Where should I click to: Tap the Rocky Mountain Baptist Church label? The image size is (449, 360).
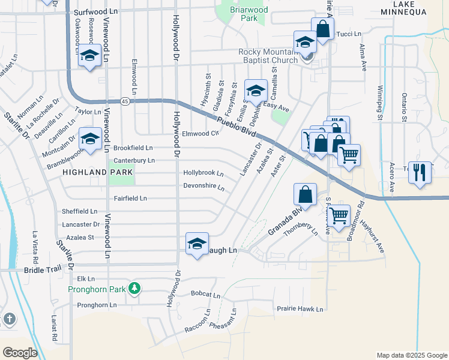click(x=268, y=56)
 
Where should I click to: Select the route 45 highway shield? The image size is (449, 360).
click(x=124, y=101)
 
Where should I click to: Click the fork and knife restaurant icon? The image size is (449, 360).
click(x=420, y=172)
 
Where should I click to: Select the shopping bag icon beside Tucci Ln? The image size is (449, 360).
click(x=322, y=28)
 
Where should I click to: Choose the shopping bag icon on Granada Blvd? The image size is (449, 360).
click(x=305, y=194)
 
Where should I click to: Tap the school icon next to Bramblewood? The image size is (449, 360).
click(x=90, y=139)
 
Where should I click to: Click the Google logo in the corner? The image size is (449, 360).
click(x=20, y=352)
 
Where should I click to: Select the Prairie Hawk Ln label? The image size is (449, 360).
click(x=300, y=310)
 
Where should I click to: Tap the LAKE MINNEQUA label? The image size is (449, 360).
click(x=409, y=6)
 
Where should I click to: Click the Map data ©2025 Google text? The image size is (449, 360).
click(x=411, y=355)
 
